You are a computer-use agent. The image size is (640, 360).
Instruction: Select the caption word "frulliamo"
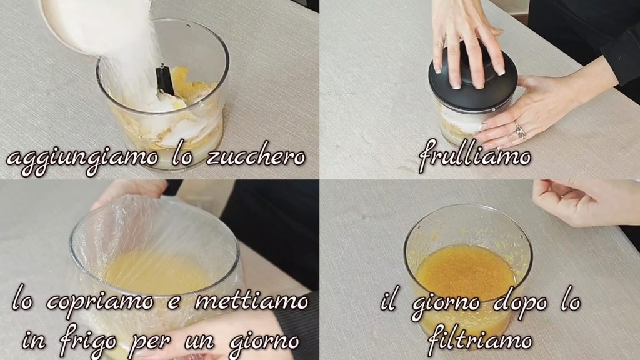pos(474,155)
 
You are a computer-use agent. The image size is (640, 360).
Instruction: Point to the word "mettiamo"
pos(252,301)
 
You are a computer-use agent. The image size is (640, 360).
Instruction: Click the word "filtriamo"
pos(480,338)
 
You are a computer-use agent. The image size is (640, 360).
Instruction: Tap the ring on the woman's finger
pos(519,130)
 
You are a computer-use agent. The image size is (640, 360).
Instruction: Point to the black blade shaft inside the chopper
pos(165,79)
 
